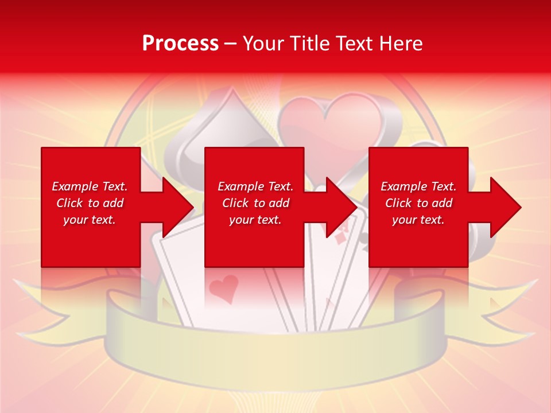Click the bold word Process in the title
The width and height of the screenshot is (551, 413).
[180, 44]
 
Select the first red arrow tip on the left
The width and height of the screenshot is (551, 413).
[178, 208]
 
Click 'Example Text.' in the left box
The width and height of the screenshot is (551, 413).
[90, 186]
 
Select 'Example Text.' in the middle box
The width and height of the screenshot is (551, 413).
[255, 186]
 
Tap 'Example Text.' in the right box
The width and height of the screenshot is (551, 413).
[418, 186]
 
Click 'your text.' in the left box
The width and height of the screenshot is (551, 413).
[90, 220]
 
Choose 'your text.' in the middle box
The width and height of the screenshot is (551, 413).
[255, 220]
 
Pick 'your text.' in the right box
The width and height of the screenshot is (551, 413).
[418, 220]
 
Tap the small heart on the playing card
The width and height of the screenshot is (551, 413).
[223, 287]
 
